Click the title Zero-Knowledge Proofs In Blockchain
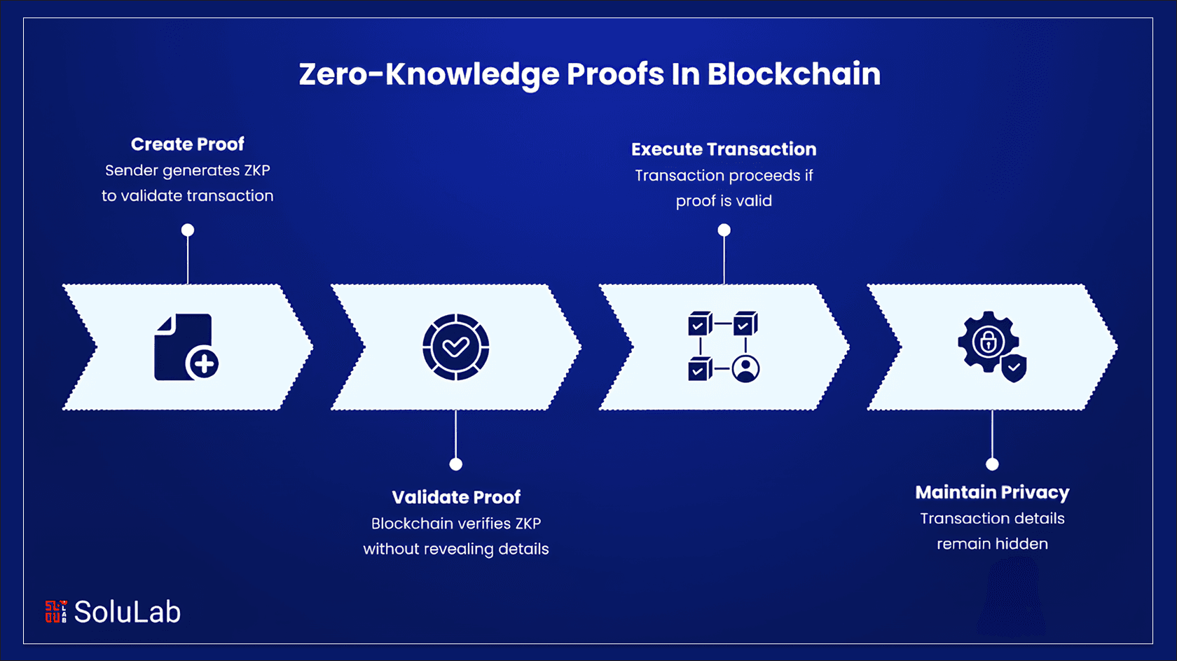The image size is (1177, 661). pos(589,74)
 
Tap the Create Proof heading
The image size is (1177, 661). pos(188,144)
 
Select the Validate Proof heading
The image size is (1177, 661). pos(456,497)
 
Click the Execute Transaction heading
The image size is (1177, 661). pos(724,149)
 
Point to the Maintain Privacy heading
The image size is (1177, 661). pos(992,492)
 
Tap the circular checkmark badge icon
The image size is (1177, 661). pos(456,347)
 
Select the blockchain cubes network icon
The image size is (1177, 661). pos(724,347)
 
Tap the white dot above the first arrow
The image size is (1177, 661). pos(188,230)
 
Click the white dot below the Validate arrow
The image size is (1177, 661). pos(456,464)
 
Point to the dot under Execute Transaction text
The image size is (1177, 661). pos(724,230)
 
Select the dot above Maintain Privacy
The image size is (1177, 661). pos(992,464)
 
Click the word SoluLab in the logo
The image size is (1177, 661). pos(128,612)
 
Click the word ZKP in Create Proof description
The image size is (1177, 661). pos(256,170)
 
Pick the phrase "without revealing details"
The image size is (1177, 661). pos(456,549)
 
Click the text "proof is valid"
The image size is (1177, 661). pos(724,201)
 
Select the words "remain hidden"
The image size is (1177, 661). pos(992,544)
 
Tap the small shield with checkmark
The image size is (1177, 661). pos(1014,368)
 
